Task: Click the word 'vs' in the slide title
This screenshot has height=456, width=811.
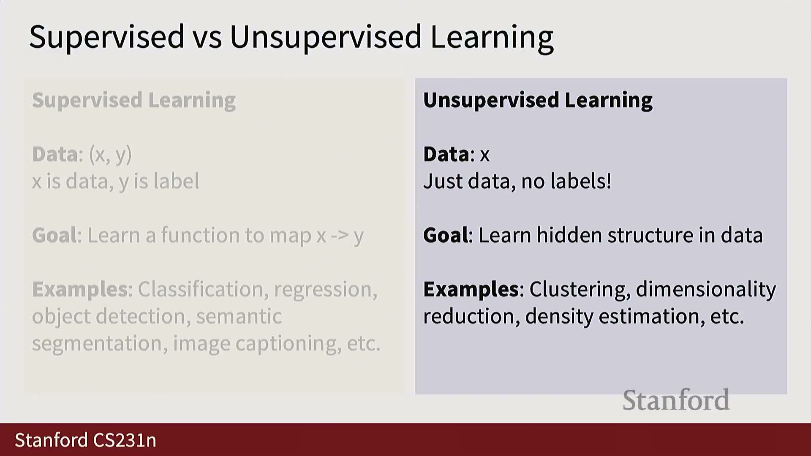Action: coord(207,37)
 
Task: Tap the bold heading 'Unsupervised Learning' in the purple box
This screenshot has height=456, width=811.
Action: coord(538,100)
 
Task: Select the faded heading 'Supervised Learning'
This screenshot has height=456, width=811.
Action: coord(134,100)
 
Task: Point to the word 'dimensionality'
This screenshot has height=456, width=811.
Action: coord(706,290)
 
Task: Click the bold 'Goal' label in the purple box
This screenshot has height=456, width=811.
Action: coord(446,235)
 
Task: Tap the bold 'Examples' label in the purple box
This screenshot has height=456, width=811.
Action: coord(471,290)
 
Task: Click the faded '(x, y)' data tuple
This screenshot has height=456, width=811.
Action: coord(111,155)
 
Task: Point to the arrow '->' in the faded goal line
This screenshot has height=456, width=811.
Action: coord(340,236)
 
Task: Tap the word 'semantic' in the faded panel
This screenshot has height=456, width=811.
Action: coord(239,317)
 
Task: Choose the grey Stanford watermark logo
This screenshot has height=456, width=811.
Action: coord(676,400)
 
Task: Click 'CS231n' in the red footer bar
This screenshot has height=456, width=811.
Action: coord(125,440)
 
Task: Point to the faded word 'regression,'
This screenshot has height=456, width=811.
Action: coord(326,290)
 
